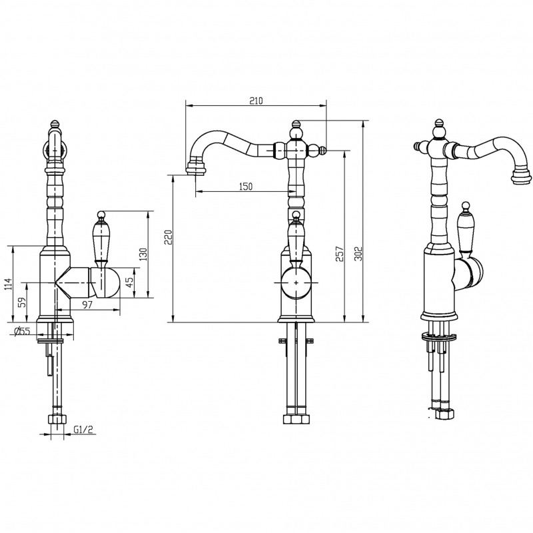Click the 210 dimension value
coord(256,101)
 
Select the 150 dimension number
coord(246,187)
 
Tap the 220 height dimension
coord(169,237)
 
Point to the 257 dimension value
coord(340,254)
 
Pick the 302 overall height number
coord(358,254)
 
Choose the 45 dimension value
coord(129,282)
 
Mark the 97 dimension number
coord(87,304)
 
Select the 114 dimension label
coord(8,284)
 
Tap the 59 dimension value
coord(22,302)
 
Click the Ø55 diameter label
coord(23,330)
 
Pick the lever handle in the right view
coord(465,227)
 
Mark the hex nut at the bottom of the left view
coord(57,419)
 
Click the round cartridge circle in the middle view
coord(296,282)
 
